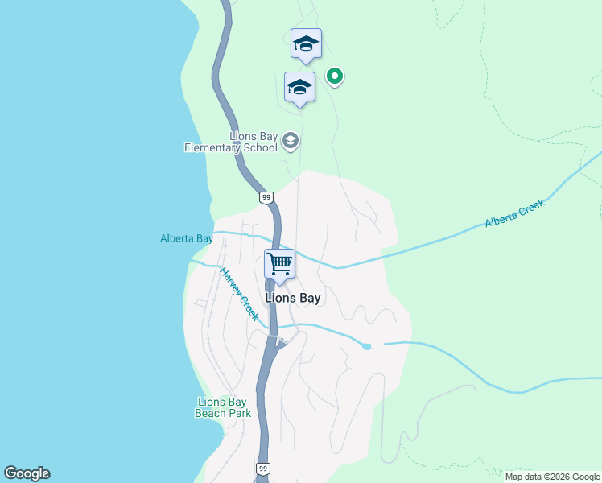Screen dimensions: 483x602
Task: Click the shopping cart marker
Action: click(279, 263)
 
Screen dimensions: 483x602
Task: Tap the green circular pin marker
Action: click(335, 76)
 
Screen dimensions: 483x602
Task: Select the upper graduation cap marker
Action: click(306, 43)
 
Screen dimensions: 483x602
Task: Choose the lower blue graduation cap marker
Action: click(299, 87)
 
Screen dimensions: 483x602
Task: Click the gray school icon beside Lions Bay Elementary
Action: click(291, 142)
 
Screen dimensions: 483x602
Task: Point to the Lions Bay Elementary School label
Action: click(232, 142)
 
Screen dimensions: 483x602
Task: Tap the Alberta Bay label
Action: click(187, 238)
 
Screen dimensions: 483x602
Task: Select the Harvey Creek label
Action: click(240, 294)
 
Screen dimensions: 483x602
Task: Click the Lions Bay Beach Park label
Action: click(223, 407)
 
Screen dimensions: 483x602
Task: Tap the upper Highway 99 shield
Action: click(266, 197)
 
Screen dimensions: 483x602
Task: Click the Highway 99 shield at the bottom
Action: click(263, 468)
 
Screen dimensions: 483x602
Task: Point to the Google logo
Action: click(27, 473)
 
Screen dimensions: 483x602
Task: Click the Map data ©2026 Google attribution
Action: click(552, 477)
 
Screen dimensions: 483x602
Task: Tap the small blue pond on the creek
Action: click(367, 346)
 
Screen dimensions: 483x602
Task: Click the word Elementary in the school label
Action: click(212, 148)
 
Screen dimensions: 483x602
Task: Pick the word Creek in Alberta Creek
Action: click(530, 206)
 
